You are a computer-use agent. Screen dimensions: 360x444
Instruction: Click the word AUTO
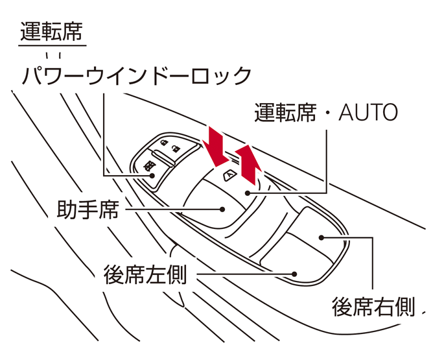(x=368, y=114)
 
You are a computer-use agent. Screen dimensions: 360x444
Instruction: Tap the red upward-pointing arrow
(x=248, y=164)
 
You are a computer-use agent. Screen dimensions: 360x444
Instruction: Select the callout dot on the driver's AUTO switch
(x=248, y=192)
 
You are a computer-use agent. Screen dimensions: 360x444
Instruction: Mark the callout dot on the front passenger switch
(x=222, y=210)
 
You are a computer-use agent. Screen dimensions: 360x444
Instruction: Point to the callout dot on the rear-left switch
(x=294, y=274)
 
